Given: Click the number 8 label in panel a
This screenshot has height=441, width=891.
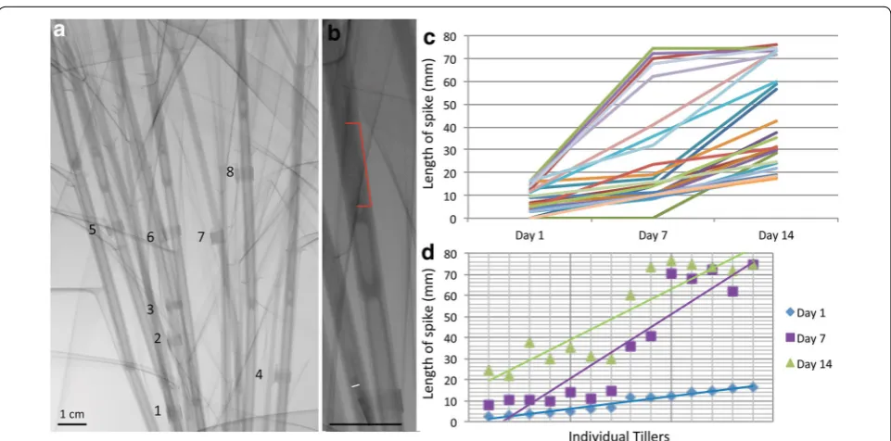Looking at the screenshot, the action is [x=230, y=172].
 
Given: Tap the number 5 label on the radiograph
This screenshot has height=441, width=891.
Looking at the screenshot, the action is [x=92, y=230].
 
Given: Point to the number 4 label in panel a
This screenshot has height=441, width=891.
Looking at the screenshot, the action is [x=259, y=374].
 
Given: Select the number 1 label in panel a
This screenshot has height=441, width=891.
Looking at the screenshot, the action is [x=158, y=410].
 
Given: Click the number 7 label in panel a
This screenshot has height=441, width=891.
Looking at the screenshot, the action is [x=200, y=237].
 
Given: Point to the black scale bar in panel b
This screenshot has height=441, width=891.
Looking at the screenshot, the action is [x=365, y=424].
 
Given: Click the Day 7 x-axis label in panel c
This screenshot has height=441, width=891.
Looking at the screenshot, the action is [x=653, y=233].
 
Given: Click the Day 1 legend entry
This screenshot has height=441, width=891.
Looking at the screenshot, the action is [x=803, y=314].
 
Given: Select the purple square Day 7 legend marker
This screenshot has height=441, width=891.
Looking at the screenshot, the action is [x=789, y=339].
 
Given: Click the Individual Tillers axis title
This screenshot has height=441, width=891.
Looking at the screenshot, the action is [x=615, y=435].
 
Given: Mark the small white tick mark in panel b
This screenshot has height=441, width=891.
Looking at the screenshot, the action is [x=355, y=385].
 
